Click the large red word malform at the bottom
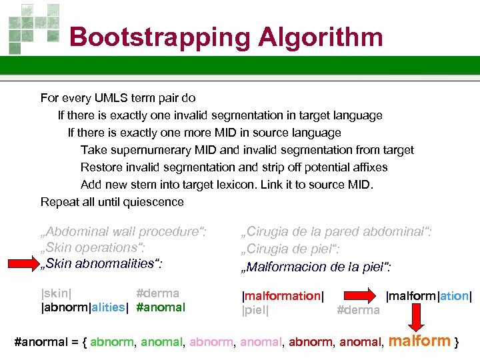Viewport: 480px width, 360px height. click(x=419, y=341)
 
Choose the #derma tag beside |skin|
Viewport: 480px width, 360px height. click(x=157, y=293)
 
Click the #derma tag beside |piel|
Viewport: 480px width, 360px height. click(x=359, y=310)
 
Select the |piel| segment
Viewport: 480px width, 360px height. click(x=255, y=310)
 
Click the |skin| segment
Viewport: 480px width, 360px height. click(x=57, y=293)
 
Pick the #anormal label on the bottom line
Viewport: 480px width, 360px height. click(x=41, y=343)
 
